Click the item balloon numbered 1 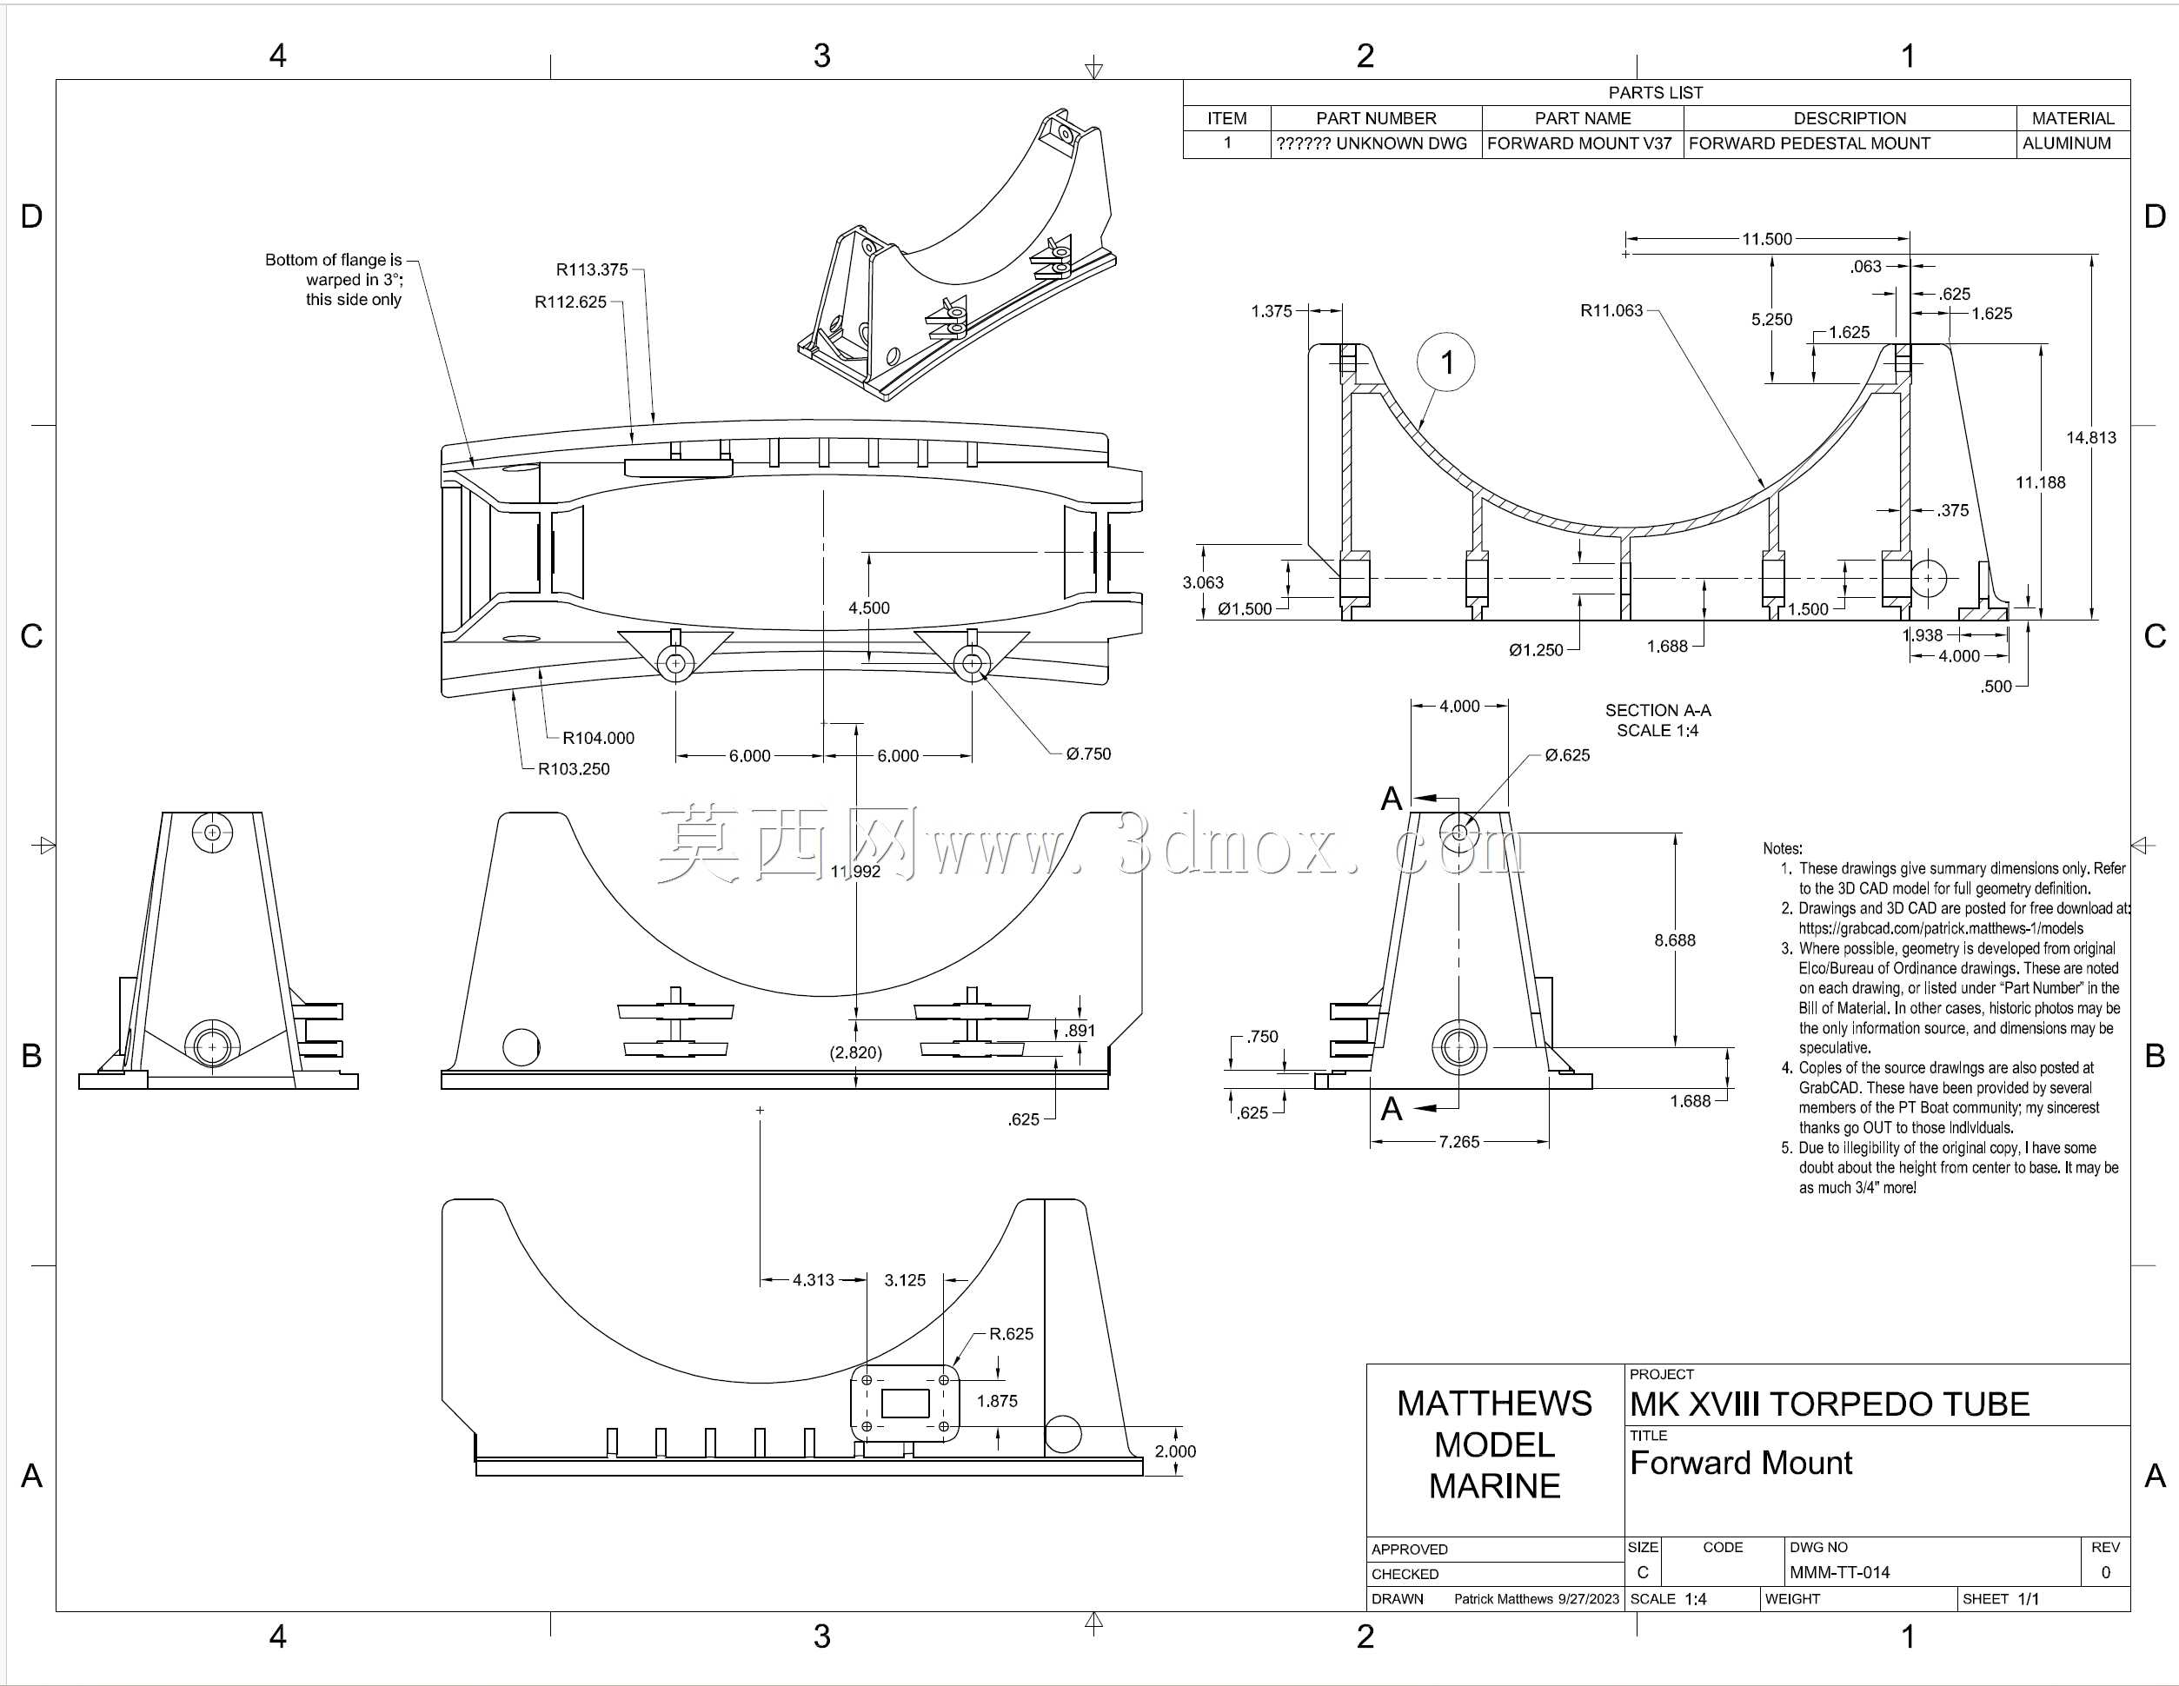(1445, 362)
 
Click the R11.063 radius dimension (1611, 310)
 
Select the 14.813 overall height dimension (2091, 437)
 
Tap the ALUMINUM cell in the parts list (2066, 143)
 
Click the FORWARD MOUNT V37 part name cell (1579, 143)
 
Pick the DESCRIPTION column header (1850, 117)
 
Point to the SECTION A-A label (1658, 710)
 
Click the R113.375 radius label (592, 269)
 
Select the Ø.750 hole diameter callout (1088, 754)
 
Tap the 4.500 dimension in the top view (869, 607)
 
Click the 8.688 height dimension (1675, 939)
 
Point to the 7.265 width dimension (1459, 1141)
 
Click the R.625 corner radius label (1012, 1334)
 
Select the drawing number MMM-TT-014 (1840, 1572)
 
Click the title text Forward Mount (1741, 1463)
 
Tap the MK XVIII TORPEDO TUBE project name (1830, 1404)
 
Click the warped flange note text (335, 279)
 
